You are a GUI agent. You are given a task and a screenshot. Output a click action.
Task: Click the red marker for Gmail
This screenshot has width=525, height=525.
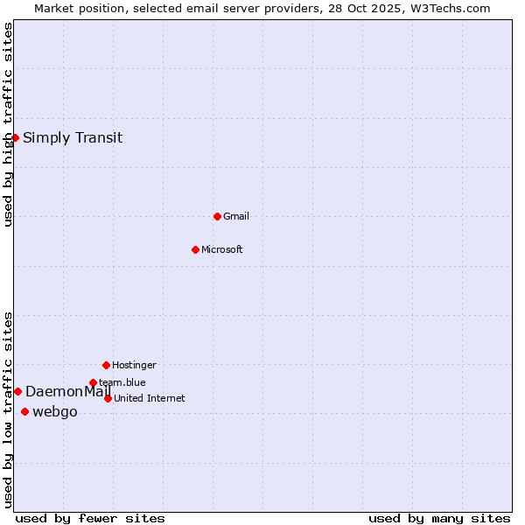217,216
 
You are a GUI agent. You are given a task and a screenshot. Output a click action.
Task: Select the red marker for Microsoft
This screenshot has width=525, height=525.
195,249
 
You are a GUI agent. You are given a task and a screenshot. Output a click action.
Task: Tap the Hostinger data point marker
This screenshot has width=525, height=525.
106,365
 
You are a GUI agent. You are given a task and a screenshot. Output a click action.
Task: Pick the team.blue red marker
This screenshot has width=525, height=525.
93,382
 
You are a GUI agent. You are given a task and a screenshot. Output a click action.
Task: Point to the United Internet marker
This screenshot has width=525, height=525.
108,398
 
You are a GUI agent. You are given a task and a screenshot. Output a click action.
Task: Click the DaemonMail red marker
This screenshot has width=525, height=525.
17,391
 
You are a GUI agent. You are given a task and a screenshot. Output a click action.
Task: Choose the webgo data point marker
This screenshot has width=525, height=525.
24,411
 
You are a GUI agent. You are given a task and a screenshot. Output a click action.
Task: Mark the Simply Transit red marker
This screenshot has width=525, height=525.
15,137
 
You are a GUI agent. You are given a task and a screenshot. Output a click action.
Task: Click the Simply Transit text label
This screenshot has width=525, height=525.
73,137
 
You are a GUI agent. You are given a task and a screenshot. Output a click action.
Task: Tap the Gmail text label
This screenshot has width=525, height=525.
236,216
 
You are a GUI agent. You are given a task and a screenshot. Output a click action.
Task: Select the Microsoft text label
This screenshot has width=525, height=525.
222,249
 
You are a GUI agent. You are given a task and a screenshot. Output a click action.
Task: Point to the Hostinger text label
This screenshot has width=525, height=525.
134,365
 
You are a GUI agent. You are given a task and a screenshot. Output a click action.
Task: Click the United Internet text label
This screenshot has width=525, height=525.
150,398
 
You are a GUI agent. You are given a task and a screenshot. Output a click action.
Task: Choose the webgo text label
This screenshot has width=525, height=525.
55,412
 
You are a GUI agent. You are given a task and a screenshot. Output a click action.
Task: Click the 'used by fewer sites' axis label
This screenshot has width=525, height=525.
90,519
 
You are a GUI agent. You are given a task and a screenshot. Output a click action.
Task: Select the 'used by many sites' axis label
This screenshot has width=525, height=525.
439,519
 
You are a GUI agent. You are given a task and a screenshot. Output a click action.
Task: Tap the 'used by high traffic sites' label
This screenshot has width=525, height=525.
8,124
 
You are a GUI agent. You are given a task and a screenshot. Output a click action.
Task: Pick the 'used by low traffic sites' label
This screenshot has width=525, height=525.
8,409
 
